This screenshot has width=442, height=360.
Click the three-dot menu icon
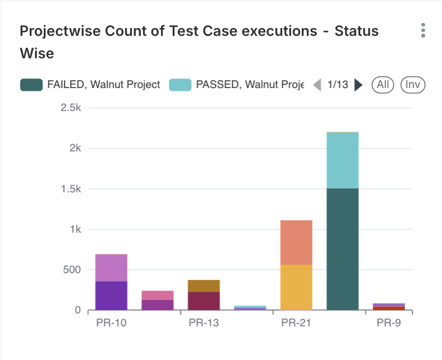click(x=423, y=31)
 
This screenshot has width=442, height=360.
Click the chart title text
click(x=199, y=42)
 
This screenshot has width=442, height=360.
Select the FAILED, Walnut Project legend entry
click(x=90, y=85)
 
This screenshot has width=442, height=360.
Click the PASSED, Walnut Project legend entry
click(x=236, y=85)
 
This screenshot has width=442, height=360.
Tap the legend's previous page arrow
click(x=317, y=85)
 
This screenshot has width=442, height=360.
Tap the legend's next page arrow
click(x=359, y=85)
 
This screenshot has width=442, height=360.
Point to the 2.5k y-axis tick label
click(x=71, y=108)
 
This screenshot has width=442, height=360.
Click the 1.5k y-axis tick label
click(x=71, y=189)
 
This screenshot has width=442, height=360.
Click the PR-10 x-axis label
click(x=111, y=323)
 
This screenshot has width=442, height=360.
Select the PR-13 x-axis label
click(x=204, y=323)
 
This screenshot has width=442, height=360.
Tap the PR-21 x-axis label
click(x=296, y=323)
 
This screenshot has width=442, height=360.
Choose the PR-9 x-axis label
click(x=389, y=323)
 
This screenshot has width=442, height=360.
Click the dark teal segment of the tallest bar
click(x=342, y=250)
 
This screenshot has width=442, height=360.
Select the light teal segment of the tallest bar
click(x=342, y=160)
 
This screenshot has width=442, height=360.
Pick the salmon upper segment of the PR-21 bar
click(x=296, y=242)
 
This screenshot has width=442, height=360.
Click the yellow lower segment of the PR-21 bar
click(x=296, y=287)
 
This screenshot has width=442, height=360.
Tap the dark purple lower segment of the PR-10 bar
click(x=111, y=296)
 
